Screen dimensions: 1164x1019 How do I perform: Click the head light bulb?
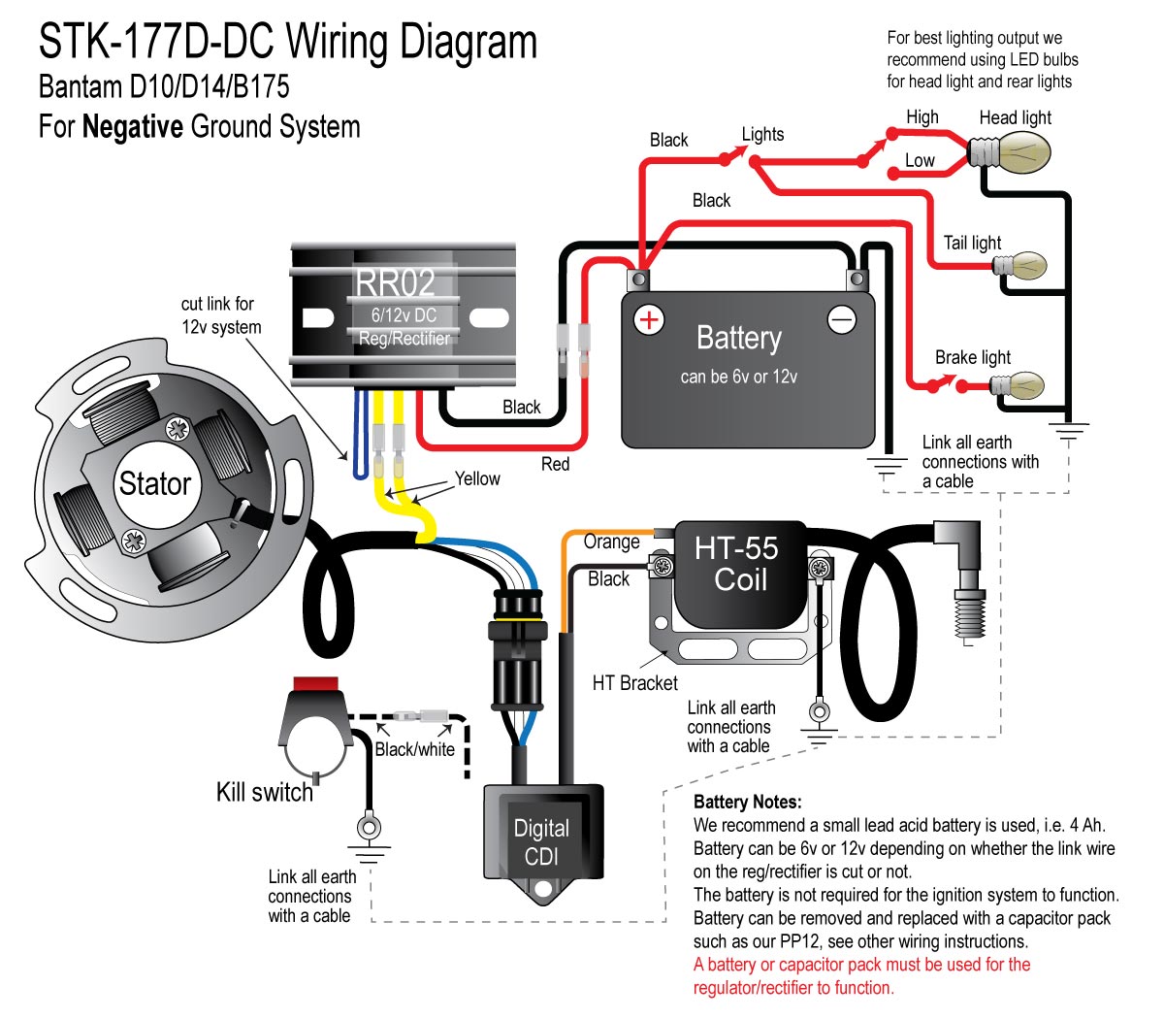click(1010, 152)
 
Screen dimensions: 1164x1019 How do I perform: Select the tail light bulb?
click(1020, 266)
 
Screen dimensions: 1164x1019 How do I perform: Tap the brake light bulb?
click(1018, 385)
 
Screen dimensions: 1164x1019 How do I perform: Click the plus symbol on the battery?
click(649, 320)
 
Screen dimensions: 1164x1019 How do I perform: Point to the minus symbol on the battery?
click(842, 320)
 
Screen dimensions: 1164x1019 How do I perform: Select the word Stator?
click(155, 483)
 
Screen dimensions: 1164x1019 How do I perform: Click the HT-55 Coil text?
click(738, 564)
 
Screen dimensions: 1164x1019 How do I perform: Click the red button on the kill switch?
click(315, 683)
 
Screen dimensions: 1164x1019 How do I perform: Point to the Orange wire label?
click(611, 542)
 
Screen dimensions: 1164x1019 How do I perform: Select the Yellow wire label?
click(477, 478)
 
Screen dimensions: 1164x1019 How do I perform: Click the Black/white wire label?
click(415, 749)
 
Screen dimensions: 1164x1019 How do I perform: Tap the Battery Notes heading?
click(748, 802)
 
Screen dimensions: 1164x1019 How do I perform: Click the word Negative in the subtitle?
click(133, 126)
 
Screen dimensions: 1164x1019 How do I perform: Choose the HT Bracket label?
click(635, 682)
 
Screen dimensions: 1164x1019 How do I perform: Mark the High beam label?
click(922, 117)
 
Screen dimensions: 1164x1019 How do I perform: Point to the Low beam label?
click(920, 160)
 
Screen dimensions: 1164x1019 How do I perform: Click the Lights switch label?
click(762, 134)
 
